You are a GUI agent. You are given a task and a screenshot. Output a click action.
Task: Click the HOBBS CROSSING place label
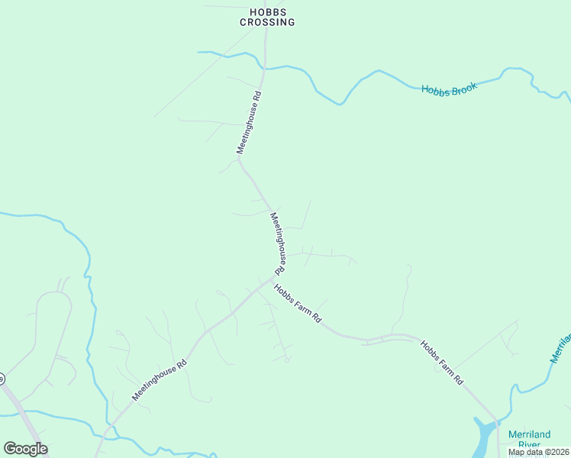pyautogui.click(x=267, y=17)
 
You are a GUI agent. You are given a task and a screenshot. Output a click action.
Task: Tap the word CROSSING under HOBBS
pyautogui.click(x=267, y=22)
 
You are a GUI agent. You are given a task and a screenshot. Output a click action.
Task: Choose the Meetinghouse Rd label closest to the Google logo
pyautogui.click(x=160, y=381)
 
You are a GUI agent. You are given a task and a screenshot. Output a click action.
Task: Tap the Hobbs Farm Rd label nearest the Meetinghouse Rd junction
pyautogui.click(x=298, y=303)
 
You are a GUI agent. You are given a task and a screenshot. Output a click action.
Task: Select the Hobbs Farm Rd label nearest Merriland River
pyautogui.click(x=442, y=362)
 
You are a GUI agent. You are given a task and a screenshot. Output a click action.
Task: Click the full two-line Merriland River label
pyautogui.click(x=524, y=440)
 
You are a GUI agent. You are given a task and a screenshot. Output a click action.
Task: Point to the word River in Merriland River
pyautogui.click(x=524, y=445)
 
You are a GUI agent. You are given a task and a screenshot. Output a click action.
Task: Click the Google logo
pyautogui.click(x=25, y=449)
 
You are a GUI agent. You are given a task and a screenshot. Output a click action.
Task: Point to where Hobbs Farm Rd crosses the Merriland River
pyautogui.click(x=498, y=421)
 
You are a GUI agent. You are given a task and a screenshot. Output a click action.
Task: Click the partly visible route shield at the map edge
pyautogui.click(x=2, y=378)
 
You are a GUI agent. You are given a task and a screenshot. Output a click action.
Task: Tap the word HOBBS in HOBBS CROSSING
pyautogui.click(x=267, y=11)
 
